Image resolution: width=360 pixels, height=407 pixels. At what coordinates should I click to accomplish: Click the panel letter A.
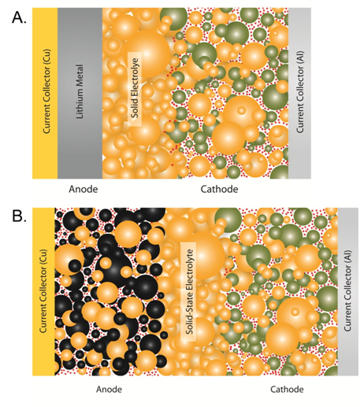tap(19, 18)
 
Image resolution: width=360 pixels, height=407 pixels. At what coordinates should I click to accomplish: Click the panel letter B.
tap(19, 216)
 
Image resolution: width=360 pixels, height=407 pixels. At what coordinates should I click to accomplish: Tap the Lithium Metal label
tap(80, 91)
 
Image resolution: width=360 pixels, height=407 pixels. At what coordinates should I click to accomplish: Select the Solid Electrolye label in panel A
tap(135, 87)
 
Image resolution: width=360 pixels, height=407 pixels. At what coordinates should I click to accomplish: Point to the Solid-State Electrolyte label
tap(189, 291)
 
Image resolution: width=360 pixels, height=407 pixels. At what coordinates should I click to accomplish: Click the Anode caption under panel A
tap(84, 189)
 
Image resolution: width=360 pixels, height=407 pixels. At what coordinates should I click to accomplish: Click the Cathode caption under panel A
tap(219, 189)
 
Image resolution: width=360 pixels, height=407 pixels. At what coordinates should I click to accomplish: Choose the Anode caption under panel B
tap(109, 389)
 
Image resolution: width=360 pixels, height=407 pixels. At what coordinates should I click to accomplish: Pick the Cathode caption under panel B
tap(287, 389)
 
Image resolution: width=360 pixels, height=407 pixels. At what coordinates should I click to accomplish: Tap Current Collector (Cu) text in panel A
tap(46, 91)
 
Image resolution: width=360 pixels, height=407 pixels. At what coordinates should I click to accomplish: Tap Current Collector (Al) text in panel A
tap(300, 92)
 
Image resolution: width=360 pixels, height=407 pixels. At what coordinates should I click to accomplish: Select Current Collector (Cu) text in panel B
tap(43, 290)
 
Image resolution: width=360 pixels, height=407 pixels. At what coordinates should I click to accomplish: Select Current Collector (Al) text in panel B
tap(347, 290)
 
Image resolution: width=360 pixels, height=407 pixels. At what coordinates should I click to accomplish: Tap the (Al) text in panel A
tap(300, 57)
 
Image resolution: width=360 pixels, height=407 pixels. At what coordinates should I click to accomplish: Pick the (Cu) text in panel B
tap(43, 257)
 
